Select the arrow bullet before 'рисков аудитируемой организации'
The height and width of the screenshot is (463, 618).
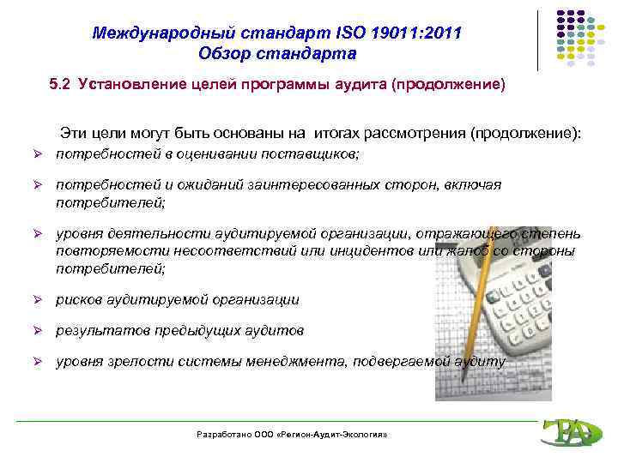point(38,300)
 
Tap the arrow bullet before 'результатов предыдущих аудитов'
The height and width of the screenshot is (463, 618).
point(38,331)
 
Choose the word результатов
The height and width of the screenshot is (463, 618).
point(95,331)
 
